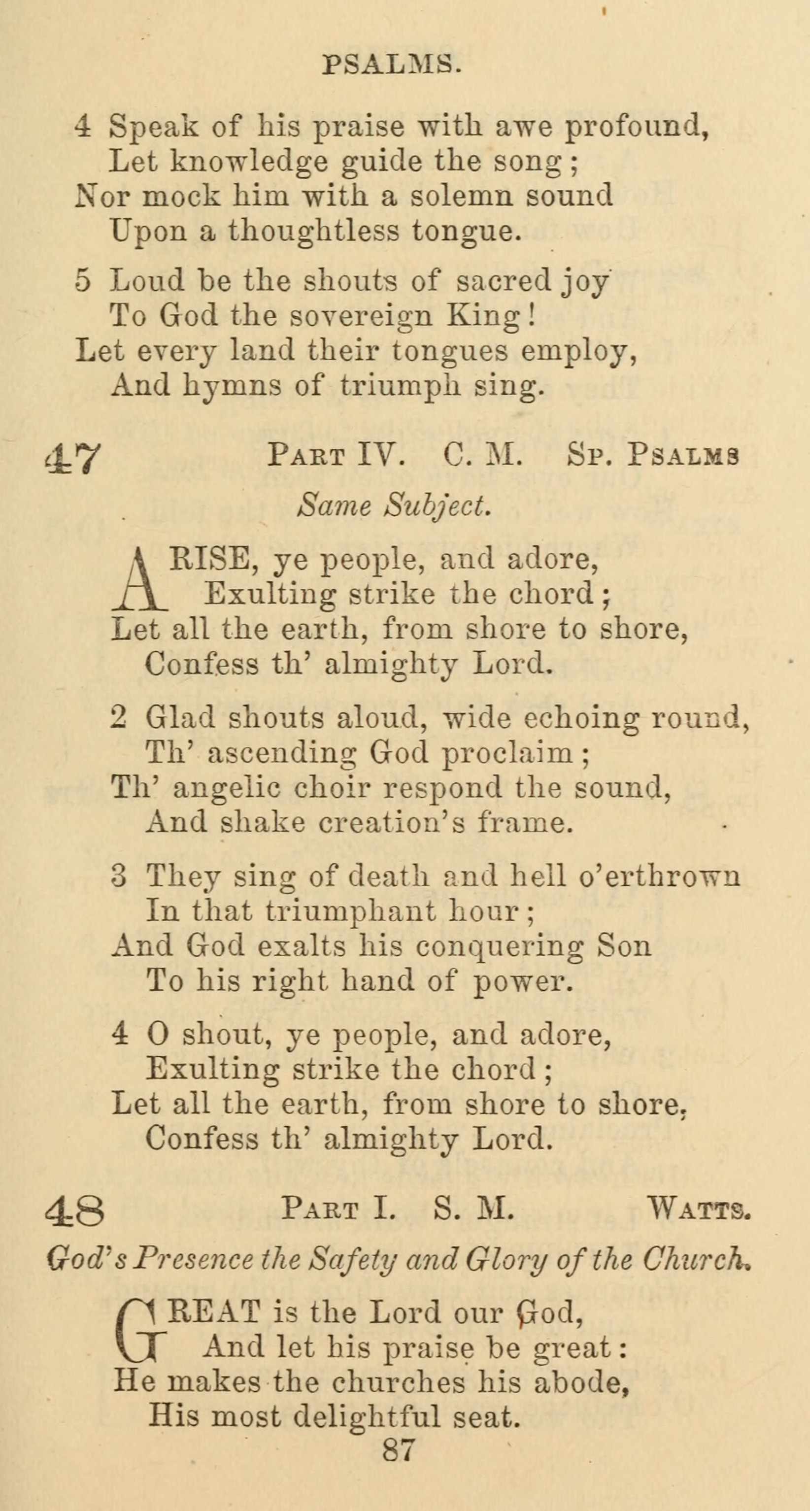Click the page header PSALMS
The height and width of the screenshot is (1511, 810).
392,64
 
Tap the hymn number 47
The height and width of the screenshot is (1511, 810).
73,458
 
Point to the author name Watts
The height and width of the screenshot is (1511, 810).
699,1209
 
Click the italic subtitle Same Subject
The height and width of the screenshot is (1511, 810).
394,505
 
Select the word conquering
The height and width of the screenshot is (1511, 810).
490,947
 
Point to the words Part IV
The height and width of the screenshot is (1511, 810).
336,455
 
